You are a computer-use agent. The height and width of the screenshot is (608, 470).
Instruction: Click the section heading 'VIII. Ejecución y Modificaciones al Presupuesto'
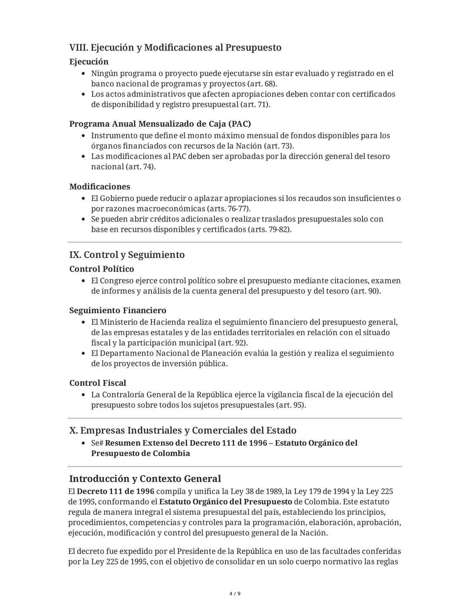click(x=175, y=47)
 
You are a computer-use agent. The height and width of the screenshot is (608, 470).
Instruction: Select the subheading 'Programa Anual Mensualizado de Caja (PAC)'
click(x=160, y=124)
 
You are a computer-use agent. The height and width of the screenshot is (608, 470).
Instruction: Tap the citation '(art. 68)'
click(x=262, y=84)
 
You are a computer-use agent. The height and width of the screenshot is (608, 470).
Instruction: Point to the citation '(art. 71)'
click(x=255, y=104)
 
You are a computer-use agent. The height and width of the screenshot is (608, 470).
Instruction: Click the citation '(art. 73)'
click(x=279, y=146)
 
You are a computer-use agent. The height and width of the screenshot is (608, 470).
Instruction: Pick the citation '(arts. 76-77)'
click(x=228, y=209)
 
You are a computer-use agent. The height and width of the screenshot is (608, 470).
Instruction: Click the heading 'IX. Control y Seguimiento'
click(x=127, y=255)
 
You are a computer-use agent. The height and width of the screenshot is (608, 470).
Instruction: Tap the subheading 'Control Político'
click(x=101, y=269)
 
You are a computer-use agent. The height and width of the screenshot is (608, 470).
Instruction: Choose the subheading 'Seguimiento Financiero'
click(x=117, y=310)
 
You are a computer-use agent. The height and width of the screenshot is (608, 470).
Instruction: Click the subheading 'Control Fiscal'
click(x=97, y=383)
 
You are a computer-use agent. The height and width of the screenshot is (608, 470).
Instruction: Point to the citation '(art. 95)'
click(x=291, y=405)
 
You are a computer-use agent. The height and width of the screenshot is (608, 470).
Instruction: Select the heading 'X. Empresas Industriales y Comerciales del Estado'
click(x=183, y=430)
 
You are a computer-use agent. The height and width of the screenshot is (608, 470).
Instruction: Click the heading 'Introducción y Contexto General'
click(x=145, y=479)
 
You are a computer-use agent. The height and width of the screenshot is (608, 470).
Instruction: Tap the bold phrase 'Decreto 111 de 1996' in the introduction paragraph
click(x=115, y=491)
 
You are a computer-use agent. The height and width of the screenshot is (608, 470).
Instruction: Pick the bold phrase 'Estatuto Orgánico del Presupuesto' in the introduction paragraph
click(x=225, y=502)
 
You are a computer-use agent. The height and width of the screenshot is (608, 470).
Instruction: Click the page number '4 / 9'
click(x=235, y=594)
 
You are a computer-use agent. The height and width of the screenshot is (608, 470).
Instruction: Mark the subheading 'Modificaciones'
click(x=100, y=187)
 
